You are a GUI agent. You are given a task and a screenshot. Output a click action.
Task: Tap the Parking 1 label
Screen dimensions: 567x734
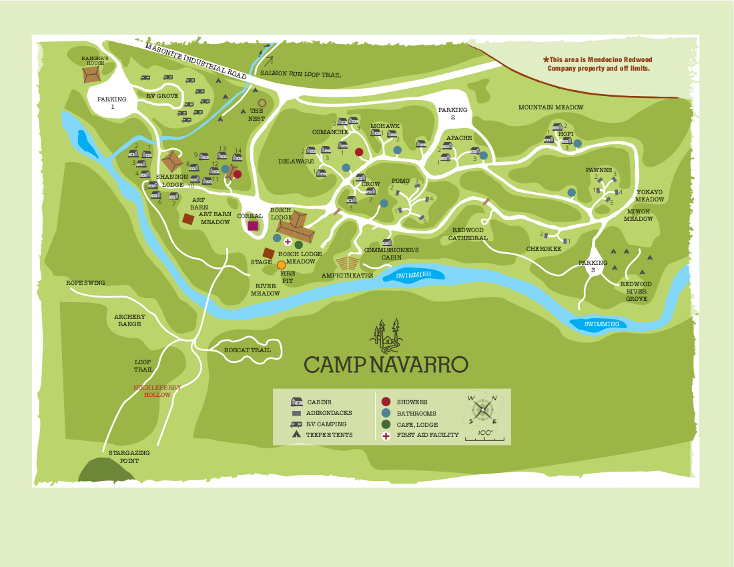tap(111, 103)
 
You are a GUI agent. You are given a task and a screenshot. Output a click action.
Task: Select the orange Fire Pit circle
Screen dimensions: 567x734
tap(282, 265)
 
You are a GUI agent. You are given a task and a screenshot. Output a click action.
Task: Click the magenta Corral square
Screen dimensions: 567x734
tap(253, 225)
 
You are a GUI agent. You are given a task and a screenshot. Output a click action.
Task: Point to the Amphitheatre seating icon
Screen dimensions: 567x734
tap(347, 263)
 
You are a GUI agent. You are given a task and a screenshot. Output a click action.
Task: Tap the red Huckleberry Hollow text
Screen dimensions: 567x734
tap(157, 391)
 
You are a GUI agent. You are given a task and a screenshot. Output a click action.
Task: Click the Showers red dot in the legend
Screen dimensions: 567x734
tap(386, 402)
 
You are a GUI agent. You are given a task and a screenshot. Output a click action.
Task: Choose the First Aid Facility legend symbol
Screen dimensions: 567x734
tap(386, 436)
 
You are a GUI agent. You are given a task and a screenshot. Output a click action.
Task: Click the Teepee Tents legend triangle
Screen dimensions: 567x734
tap(296, 434)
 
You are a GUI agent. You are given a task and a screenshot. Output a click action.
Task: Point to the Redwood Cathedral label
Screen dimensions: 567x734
tap(468, 233)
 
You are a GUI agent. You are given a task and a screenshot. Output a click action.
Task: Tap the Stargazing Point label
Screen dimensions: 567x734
tap(129, 456)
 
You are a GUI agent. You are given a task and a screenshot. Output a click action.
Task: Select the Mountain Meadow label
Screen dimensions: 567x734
tap(550, 107)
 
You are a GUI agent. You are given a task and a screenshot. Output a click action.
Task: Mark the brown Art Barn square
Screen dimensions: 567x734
tap(189, 218)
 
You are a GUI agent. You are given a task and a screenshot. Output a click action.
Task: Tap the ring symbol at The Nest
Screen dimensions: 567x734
tap(262, 103)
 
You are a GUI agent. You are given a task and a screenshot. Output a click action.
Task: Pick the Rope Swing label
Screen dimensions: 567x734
tap(85, 283)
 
